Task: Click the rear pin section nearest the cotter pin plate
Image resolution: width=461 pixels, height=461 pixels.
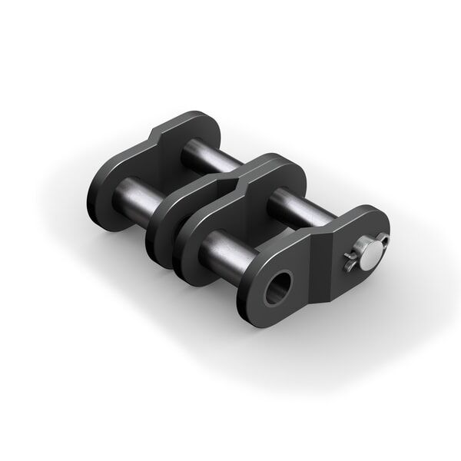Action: tap(307, 204)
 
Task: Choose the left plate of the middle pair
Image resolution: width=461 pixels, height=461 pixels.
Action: tap(165, 223)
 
